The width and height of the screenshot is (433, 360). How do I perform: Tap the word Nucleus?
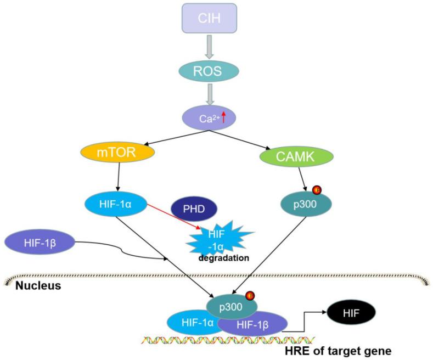(37, 285)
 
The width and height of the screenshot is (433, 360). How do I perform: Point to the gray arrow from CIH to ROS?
(209, 49)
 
